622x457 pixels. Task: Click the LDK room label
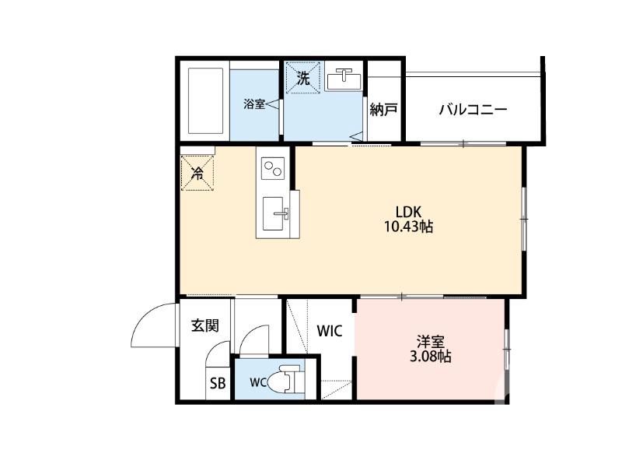(407, 211)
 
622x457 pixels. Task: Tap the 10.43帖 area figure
(408, 227)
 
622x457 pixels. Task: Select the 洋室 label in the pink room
(430, 341)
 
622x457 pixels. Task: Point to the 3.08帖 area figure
(430, 357)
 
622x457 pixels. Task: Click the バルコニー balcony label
(473, 109)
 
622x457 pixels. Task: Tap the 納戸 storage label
(383, 109)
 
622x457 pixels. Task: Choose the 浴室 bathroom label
(254, 104)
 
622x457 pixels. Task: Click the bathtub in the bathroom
(205, 101)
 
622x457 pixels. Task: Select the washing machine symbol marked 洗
(303, 77)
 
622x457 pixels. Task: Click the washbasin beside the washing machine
(344, 79)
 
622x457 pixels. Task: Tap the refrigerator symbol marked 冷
(197, 173)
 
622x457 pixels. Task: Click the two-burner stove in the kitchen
(273, 168)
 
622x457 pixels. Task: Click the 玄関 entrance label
(205, 325)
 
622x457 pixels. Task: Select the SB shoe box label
(218, 383)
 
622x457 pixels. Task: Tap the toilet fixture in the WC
(285, 381)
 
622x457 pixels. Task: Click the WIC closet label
(330, 330)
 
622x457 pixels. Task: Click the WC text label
(258, 383)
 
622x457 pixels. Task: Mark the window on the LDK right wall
(524, 219)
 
